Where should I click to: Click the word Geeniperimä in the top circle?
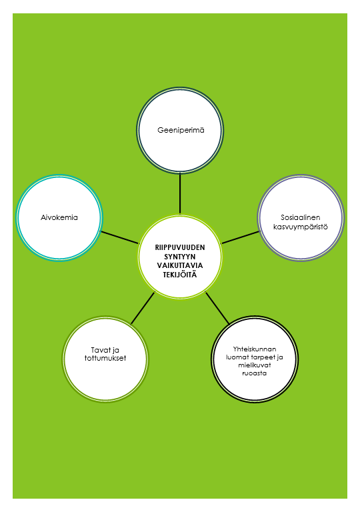point(181,131)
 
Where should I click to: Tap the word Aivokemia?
point(59,217)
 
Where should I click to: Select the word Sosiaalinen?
point(301,217)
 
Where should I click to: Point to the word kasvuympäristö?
point(301,227)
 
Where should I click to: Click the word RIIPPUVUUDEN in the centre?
point(180,247)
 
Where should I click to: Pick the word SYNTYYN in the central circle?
point(180,257)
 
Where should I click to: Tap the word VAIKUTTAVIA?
point(180,265)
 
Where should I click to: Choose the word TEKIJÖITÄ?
point(180,275)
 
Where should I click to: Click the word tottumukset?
point(105,358)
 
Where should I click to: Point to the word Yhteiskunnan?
point(255,349)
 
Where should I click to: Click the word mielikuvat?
point(255,365)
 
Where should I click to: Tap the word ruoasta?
point(255,373)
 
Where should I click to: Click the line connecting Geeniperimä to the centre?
point(180,193)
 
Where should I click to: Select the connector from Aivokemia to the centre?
point(120,237)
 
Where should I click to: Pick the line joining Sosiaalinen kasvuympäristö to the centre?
point(240,237)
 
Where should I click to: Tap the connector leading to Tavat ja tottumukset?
point(143,308)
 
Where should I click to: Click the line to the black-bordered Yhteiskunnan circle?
point(217,308)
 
